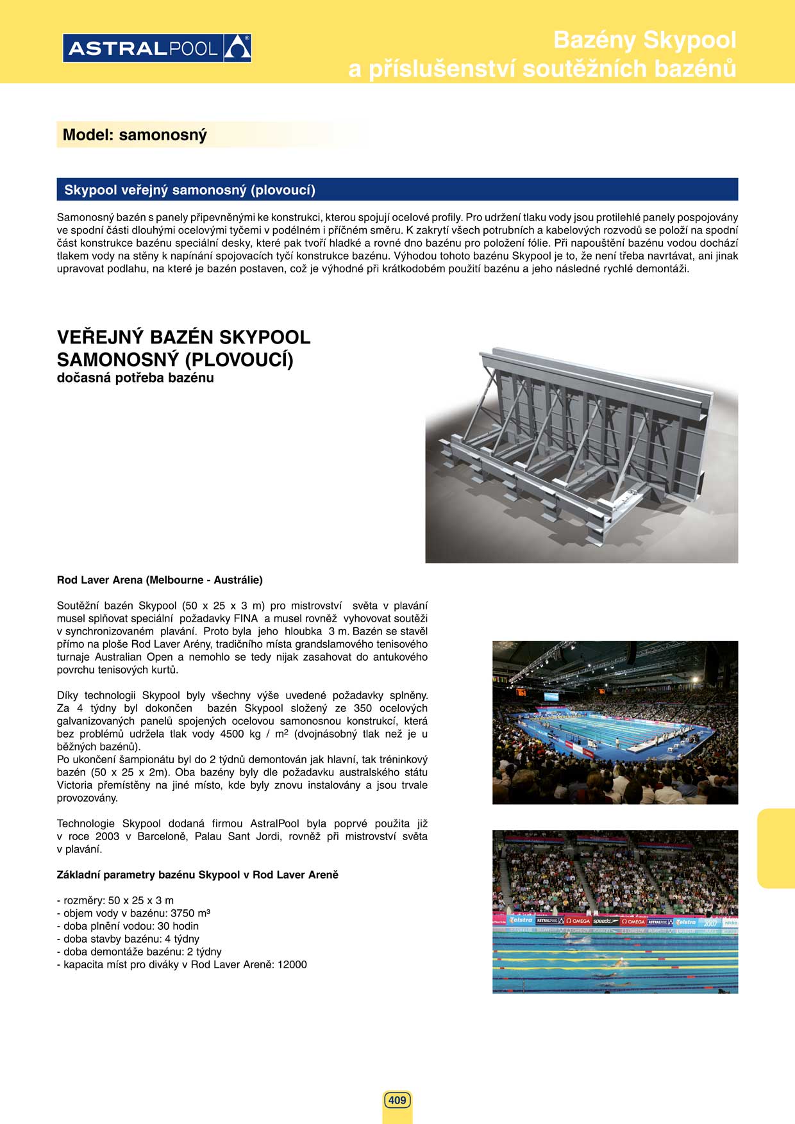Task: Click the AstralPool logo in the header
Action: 157,48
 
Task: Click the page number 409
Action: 397,1100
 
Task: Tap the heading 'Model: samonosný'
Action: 135,135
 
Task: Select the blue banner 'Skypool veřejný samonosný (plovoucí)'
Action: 397,190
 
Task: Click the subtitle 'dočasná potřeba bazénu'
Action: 135,377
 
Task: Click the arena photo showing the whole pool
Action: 615,722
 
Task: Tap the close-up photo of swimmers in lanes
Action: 615,911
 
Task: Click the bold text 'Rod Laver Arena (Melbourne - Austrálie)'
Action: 160,580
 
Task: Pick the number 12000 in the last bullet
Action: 292,964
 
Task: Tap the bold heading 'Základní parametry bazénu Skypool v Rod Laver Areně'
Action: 197,875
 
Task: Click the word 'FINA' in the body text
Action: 246,618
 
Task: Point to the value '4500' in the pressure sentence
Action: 231,734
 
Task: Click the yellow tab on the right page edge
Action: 776,848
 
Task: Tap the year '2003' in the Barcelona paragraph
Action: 107,836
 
